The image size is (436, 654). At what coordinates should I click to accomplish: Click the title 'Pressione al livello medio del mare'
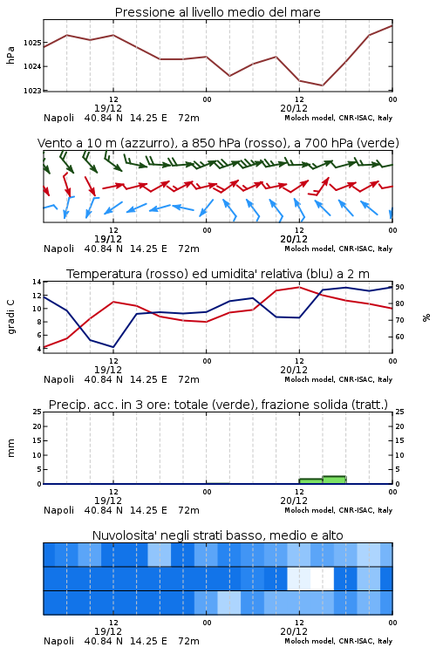pyautogui.click(x=217, y=12)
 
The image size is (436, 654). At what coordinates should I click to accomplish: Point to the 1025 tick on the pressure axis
pyautogui.click(x=32, y=43)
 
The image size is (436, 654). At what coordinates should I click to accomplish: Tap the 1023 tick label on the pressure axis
pyautogui.click(x=32, y=90)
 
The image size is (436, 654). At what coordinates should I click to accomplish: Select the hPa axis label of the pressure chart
pyautogui.click(x=10, y=55)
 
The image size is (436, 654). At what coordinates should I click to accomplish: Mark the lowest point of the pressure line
pyautogui.click(x=322, y=85)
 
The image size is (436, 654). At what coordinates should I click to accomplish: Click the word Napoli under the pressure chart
pyautogui.click(x=58, y=118)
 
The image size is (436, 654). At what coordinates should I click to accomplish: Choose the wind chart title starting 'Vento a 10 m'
pyautogui.click(x=218, y=143)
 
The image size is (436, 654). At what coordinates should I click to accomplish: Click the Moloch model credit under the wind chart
pyautogui.click(x=338, y=249)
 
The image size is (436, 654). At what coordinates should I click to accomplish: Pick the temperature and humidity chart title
pyautogui.click(x=218, y=274)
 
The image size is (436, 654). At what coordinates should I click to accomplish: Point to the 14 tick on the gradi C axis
pyautogui.click(x=37, y=282)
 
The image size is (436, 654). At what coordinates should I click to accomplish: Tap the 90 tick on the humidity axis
pyautogui.click(x=399, y=287)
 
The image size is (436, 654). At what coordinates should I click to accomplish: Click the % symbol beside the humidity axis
pyautogui.click(x=426, y=317)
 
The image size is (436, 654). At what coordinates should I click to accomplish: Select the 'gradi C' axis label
pyautogui.click(x=10, y=317)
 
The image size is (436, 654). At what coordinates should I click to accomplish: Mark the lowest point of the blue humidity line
pyautogui.click(x=113, y=347)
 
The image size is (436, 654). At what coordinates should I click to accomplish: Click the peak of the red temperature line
pyautogui.click(x=299, y=287)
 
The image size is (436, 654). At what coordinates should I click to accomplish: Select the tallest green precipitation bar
pyautogui.click(x=334, y=480)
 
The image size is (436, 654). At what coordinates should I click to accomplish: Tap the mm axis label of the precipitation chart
pyautogui.click(x=10, y=447)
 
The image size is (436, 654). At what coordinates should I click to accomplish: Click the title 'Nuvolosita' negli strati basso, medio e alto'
pyautogui.click(x=217, y=535)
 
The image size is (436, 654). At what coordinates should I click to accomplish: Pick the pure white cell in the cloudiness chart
pyautogui.click(x=322, y=578)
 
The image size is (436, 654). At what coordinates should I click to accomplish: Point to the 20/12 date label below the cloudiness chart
pyautogui.click(x=294, y=631)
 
